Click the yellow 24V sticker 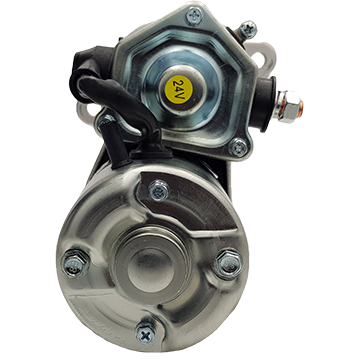pyautogui.click(x=179, y=89)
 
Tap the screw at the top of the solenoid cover pyautogui.click(x=194, y=15)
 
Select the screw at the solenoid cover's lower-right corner pyautogui.click(x=239, y=147)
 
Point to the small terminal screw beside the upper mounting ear pyautogui.click(x=248, y=30)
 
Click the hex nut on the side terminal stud pyautogui.click(x=286, y=106)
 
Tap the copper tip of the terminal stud pyautogui.click(x=300, y=107)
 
